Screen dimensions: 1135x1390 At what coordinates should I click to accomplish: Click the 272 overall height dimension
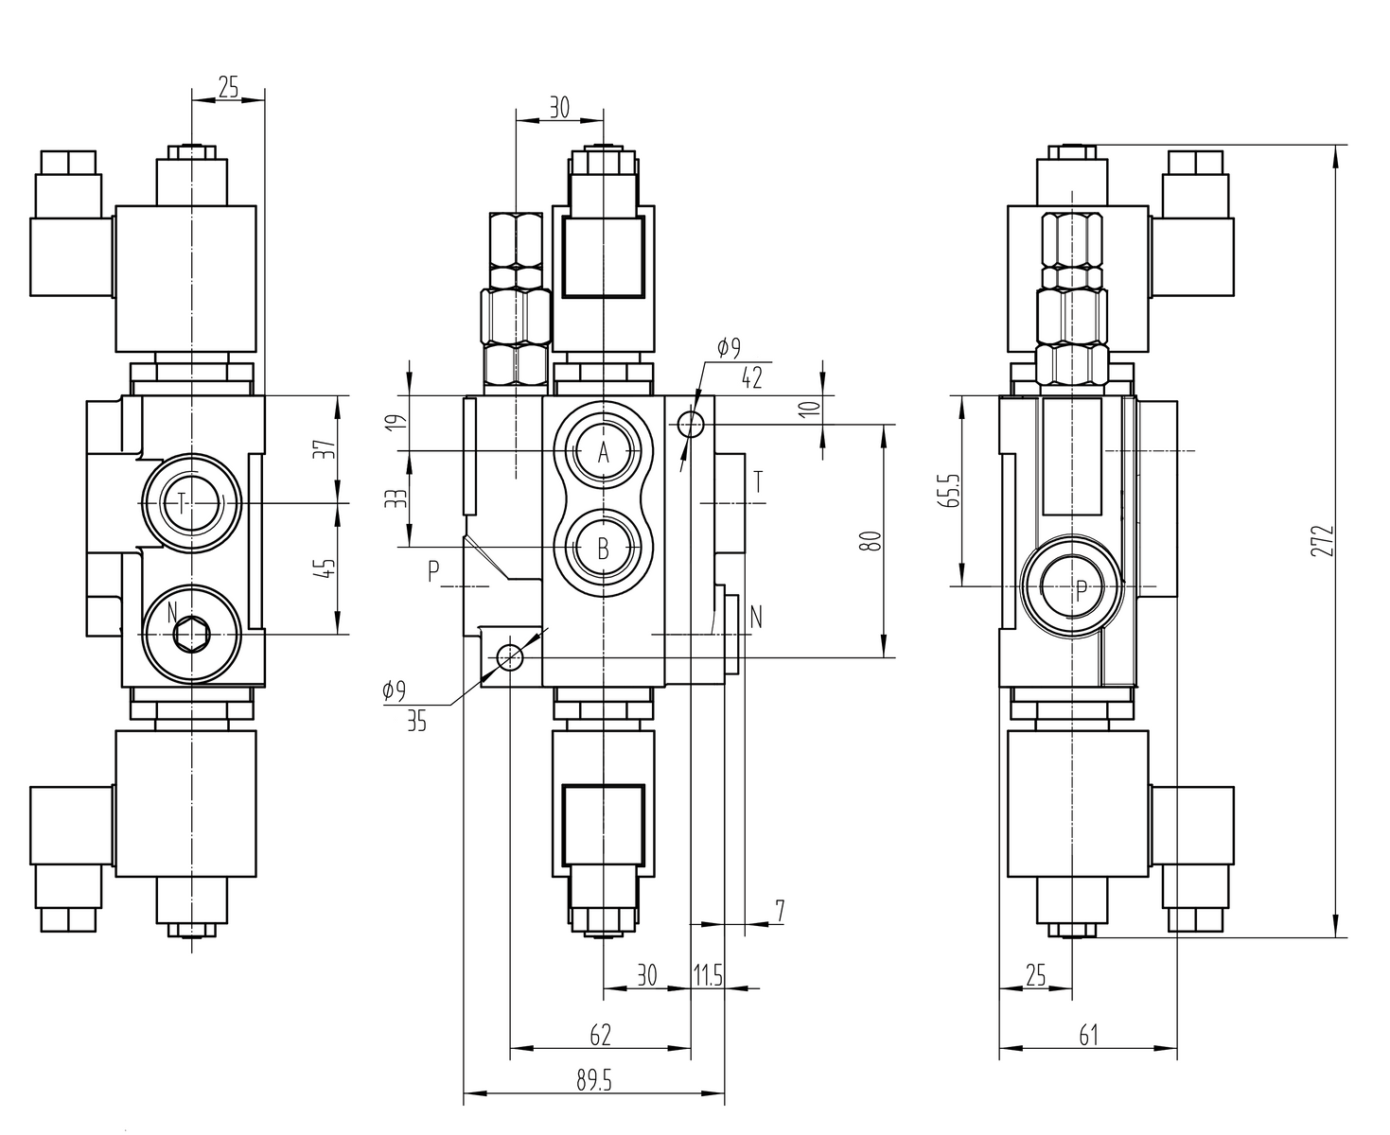pyautogui.click(x=1328, y=541)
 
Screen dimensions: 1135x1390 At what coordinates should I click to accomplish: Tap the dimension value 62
pyautogui.click(x=600, y=1035)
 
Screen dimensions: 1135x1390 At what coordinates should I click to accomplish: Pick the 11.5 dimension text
pyautogui.click(x=708, y=976)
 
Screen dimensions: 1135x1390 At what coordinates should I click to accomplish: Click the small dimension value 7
pyautogui.click(x=779, y=912)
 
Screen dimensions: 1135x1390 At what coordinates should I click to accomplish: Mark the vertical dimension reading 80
pyautogui.click(x=873, y=541)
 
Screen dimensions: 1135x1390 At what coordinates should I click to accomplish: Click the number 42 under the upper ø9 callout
pyautogui.click(x=751, y=379)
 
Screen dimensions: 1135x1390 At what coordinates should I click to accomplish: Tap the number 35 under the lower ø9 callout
pyautogui.click(x=416, y=723)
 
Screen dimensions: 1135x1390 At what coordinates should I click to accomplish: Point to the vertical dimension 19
pyautogui.click(x=401, y=421)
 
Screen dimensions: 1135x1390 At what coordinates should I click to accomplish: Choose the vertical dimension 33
pyautogui.click(x=401, y=498)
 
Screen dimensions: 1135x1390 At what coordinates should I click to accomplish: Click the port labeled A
pyautogui.click(x=604, y=453)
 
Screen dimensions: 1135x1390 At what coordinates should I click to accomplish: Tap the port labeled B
pyautogui.click(x=604, y=547)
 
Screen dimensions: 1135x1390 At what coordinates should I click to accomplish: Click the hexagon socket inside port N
pyautogui.click(x=192, y=634)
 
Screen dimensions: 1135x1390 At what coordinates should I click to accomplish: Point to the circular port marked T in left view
pyautogui.click(x=192, y=503)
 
